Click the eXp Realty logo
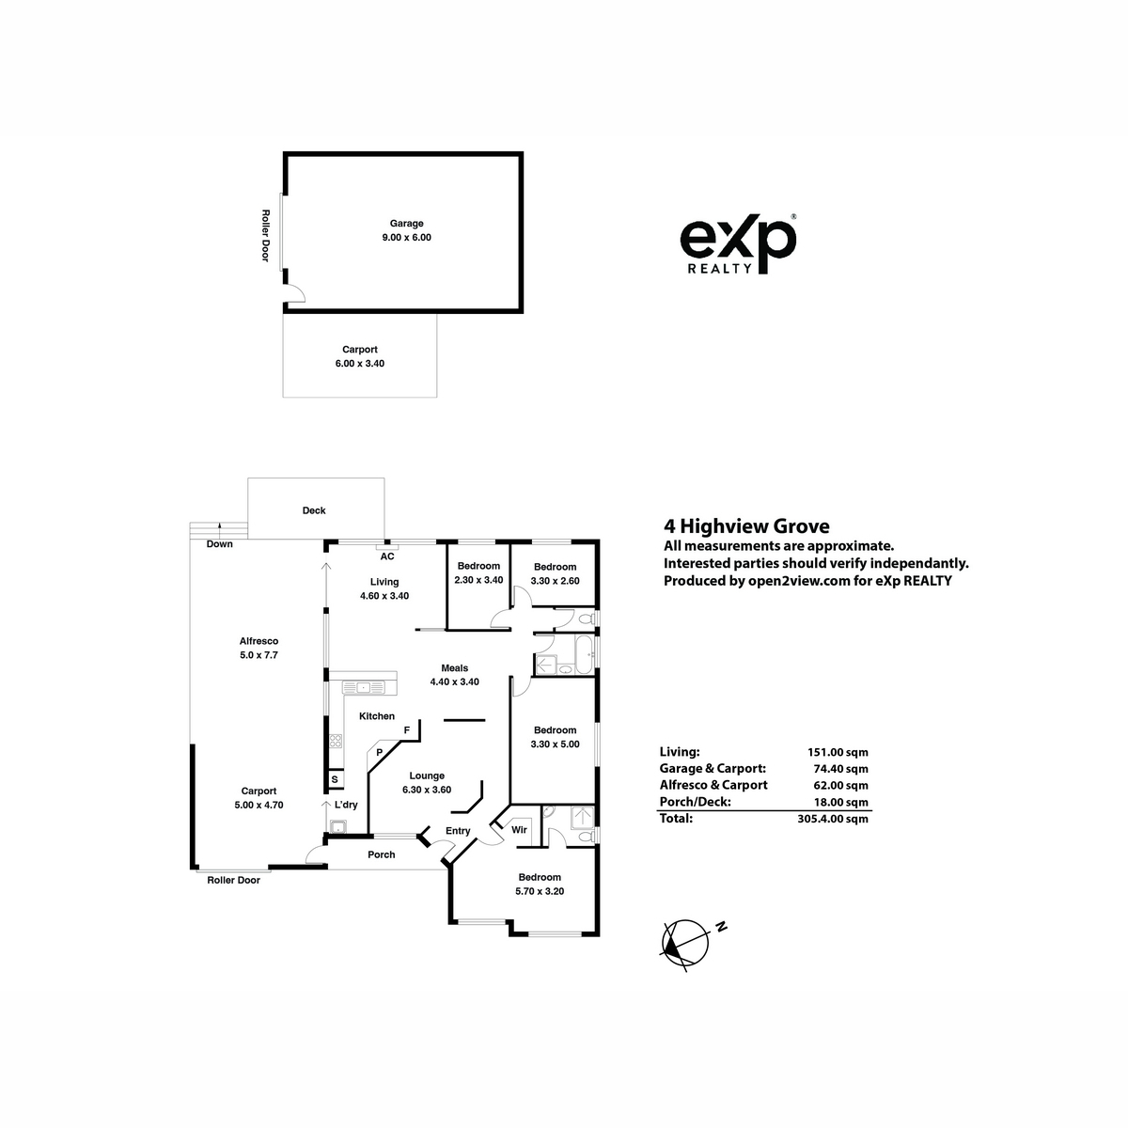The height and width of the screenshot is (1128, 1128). click(738, 244)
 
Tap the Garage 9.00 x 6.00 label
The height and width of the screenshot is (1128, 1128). click(406, 230)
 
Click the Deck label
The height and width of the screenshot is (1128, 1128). click(314, 510)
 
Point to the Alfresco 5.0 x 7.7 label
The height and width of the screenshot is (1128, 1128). click(258, 648)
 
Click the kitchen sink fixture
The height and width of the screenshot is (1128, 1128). click(364, 686)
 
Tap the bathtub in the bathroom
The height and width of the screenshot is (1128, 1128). click(584, 655)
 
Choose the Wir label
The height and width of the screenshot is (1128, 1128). click(519, 829)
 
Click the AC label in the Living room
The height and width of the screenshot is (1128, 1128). click(387, 556)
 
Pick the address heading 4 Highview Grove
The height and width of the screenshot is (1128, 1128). click(746, 526)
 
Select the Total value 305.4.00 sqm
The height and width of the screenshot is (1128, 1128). click(833, 819)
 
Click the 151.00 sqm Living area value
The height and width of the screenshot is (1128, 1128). click(838, 752)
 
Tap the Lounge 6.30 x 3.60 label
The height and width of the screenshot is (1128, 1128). click(427, 783)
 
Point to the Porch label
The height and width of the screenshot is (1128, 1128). click(381, 854)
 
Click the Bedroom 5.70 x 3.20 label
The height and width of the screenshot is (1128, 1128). click(540, 884)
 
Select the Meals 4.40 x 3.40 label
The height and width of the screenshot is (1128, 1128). click(454, 675)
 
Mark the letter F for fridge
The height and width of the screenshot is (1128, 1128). click(407, 730)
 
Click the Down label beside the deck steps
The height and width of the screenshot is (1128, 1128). click(220, 544)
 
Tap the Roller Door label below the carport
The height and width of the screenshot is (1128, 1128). click(233, 880)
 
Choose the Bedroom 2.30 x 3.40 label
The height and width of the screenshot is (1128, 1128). click(478, 573)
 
